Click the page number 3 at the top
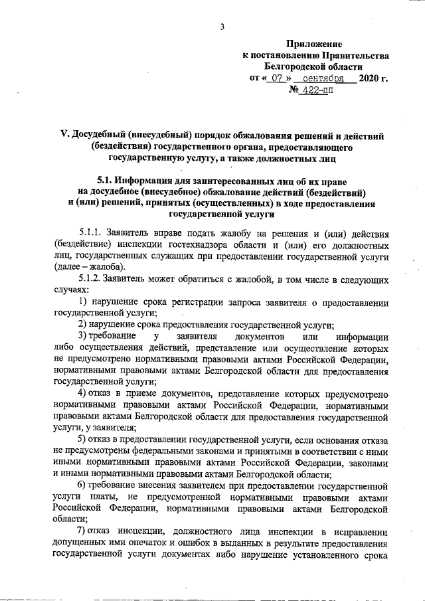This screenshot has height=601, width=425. point(222,26)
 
